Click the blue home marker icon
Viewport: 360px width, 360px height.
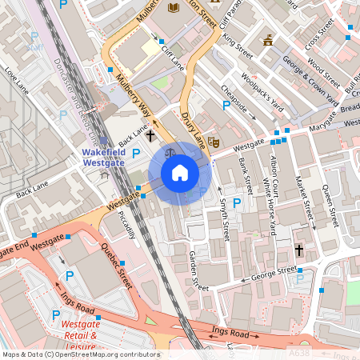180,173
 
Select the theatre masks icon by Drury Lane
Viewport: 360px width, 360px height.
214,141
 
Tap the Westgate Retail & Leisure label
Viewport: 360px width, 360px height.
82,335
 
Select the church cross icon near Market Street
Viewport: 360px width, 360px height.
299,250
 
